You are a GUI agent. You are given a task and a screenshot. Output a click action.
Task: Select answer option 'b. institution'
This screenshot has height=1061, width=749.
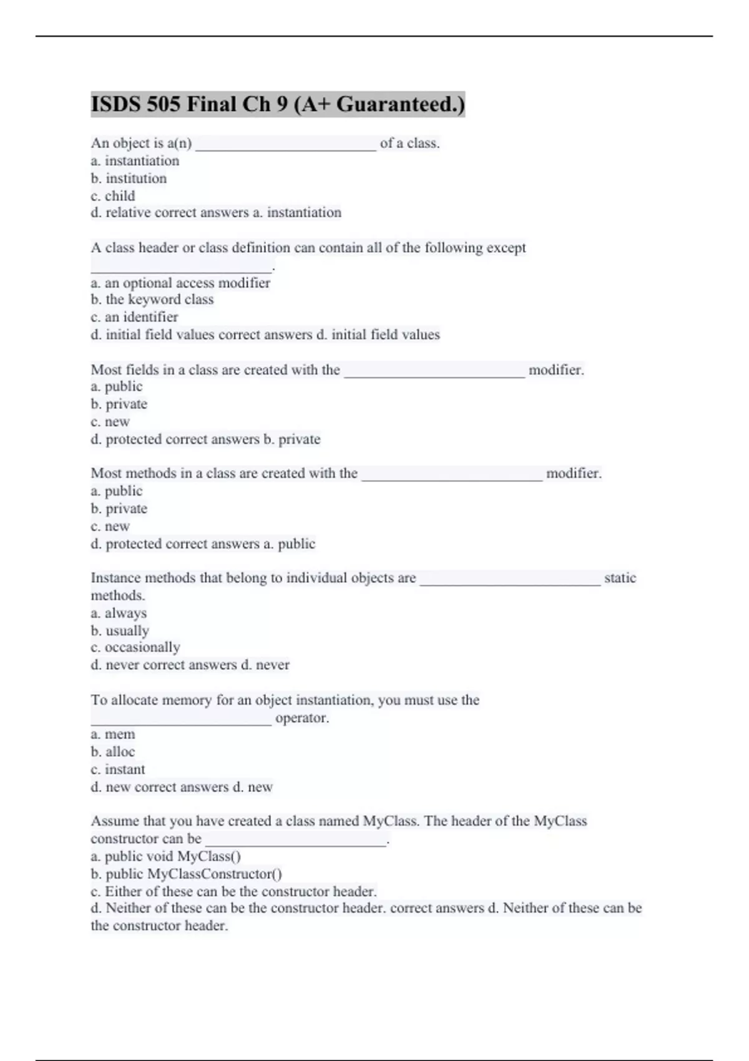pyautogui.click(x=129, y=178)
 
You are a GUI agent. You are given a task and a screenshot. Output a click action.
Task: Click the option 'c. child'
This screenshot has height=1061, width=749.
pyautogui.click(x=113, y=196)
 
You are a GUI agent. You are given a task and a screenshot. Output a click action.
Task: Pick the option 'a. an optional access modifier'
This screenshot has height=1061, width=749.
pyautogui.click(x=180, y=283)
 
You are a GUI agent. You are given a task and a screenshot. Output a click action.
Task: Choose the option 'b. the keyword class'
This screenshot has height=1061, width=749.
pyautogui.click(x=152, y=300)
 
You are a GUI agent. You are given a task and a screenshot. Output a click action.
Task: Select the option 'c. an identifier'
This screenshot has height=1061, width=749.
pyautogui.click(x=134, y=317)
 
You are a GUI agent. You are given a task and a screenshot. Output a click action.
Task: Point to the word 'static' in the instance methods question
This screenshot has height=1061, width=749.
pyautogui.click(x=620, y=578)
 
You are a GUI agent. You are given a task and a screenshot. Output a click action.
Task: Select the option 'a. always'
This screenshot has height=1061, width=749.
pyautogui.click(x=119, y=613)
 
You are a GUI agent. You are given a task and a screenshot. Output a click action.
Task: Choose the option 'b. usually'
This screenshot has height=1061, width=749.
pyautogui.click(x=120, y=630)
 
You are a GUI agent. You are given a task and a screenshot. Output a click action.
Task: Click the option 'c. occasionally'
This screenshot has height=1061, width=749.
pyautogui.click(x=135, y=647)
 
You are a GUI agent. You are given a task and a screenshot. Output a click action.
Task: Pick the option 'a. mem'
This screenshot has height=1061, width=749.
pyautogui.click(x=113, y=735)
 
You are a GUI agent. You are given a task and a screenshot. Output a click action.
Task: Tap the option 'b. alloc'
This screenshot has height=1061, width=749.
pyautogui.click(x=113, y=752)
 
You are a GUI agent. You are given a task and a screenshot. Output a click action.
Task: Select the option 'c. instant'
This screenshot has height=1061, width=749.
pyautogui.click(x=118, y=770)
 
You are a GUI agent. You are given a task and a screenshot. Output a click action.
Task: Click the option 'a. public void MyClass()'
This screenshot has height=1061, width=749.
pyautogui.click(x=166, y=856)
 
